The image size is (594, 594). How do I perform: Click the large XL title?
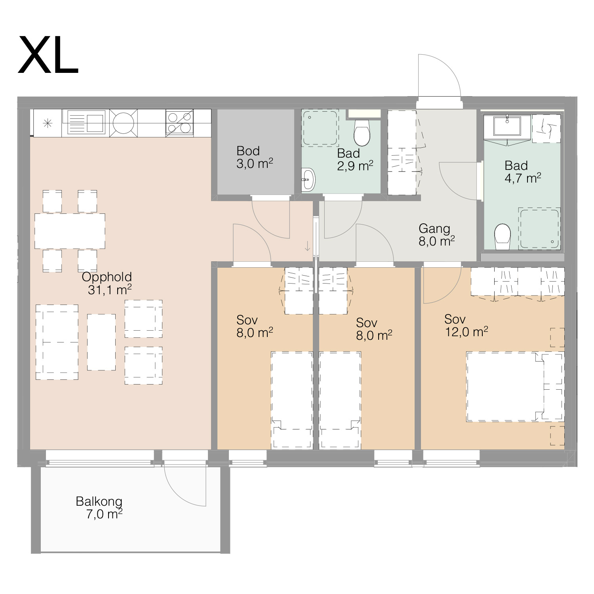click(x=48, y=55)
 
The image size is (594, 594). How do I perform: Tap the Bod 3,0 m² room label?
click(x=255, y=157)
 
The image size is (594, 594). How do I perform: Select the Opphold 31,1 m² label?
click(x=107, y=283)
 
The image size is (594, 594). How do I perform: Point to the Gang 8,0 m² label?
click(x=436, y=235)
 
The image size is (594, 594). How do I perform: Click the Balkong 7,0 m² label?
click(x=99, y=508)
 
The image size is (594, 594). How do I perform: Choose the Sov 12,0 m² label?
click(x=466, y=326)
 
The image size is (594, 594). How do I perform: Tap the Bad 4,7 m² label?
click(x=523, y=172)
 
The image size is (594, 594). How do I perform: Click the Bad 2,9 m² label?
click(x=355, y=160)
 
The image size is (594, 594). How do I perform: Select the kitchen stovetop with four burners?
click(x=179, y=123)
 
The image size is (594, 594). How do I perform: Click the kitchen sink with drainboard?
click(x=86, y=122)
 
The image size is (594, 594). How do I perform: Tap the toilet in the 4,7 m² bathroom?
click(x=503, y=237)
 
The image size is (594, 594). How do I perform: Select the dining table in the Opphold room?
click(x=70, y=231)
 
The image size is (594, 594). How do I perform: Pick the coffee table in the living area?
click(x=101, y=342)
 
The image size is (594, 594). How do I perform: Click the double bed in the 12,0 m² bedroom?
click(x=515, y=386)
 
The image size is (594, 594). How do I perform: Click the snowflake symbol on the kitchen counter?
click(x=48, y=124)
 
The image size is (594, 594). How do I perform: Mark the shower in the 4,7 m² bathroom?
click(x=539, y=228)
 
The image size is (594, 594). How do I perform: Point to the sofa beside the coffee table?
click(x=57, y=342)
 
